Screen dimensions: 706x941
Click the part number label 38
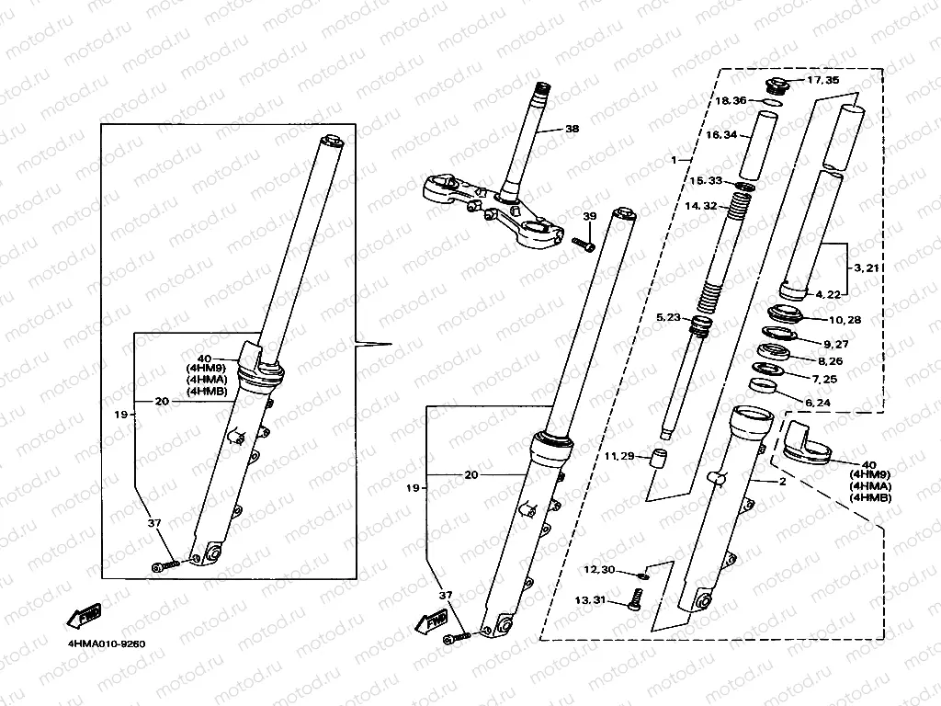[x=572, y=130]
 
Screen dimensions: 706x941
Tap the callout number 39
[x=590, y=215]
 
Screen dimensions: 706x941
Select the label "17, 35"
[x=822, y=81]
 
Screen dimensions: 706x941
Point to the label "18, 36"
[x=731, y=100]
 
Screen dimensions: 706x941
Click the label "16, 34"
[x=721, y=135]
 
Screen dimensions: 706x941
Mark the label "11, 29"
[x=618, y=456]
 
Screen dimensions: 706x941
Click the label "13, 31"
[x=590, y=600]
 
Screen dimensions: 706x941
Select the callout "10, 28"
[x=845, y=320]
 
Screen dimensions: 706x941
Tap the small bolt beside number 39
[x=583, y=244]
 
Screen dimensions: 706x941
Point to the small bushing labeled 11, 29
[x=658, y=459]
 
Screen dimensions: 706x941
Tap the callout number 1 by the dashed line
[x=674, y=160]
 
